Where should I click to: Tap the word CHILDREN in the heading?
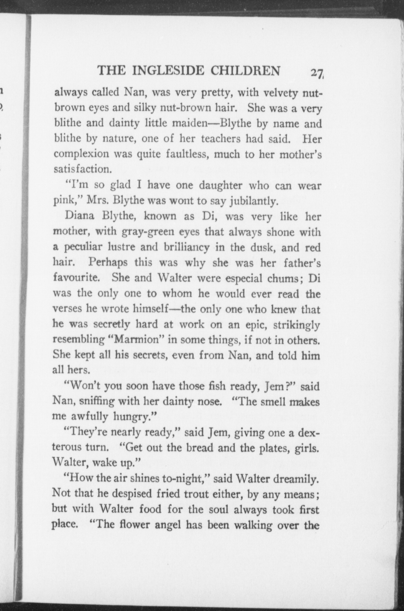pos(245,71)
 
